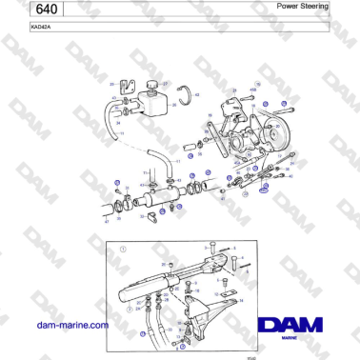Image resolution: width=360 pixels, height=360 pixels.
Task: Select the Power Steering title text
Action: click(x=303, y=6)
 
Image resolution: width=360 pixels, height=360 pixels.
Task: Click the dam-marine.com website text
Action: click(x=71, y=325)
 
